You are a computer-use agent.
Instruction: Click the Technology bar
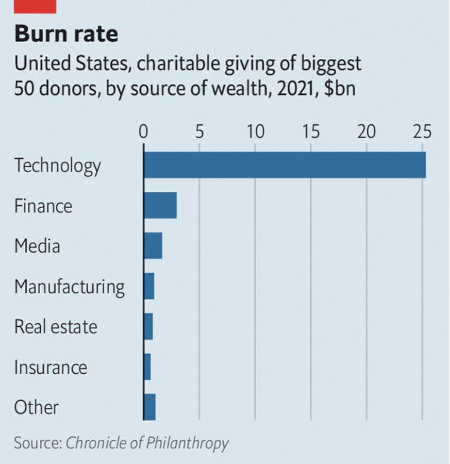pyautogui.click(x=285, y=165)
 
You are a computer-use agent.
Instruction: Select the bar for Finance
pyautogui.click(x=160, y=205)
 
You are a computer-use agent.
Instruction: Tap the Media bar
pyautogui.click(x=153, y=245)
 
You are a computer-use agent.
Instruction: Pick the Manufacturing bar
pyautogui.click(x=149, y=286)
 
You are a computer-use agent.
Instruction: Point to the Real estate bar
pyautogui.click(x=148, y=326)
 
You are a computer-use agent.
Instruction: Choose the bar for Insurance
pyautogui.click(x=147, y=367)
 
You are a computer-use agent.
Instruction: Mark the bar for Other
pyautogui.click(x=149, y=407)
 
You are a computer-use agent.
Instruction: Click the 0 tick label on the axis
pyautogui.click(x=143, y=131)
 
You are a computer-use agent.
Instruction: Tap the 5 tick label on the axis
pyautogui.click(x=199, y=131)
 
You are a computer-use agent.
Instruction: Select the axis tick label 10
pyautogui.click(x=256, y=131)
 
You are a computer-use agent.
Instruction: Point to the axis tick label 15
pyautogui.click(x=311, y=131)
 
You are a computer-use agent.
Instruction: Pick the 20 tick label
pyautogui.click(x=366, y=131)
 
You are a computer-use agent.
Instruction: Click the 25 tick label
pyautogui.click(x=423, y=131)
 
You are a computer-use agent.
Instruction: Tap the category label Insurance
pyautogui.click(x=51, y=367)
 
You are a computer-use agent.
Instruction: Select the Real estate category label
pyautogui.click(x=56, y=327)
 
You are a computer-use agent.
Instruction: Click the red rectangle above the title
pyautogui.click(x=35, y=7)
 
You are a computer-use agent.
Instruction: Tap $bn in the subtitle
pyautogui.click(x=340, y=89)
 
